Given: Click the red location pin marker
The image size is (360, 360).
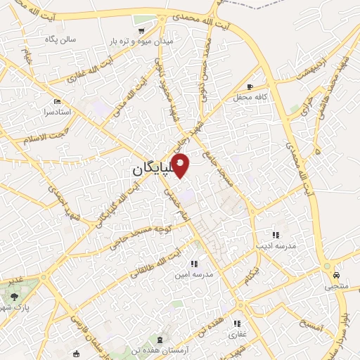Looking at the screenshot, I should click(181, 165).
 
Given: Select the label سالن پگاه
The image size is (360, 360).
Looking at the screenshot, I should click(60, 39).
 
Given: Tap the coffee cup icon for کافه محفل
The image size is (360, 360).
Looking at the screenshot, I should click(250, 87).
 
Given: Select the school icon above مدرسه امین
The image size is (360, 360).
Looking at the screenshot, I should click(193, 264).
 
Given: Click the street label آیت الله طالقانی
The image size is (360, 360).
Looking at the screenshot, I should click(156, 260).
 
